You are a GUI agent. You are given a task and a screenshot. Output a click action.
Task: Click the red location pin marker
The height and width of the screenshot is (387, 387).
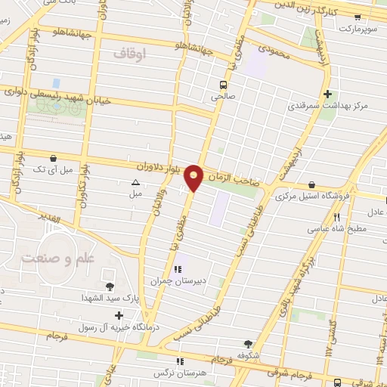(x=194, y=177)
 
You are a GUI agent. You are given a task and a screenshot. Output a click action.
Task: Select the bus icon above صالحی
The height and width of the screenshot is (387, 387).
(x=223, y=84)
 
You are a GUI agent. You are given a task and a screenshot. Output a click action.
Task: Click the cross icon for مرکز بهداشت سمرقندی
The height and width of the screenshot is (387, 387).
(x=327, y=94)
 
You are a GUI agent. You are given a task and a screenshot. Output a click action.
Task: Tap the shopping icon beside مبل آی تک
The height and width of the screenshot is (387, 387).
(x=53, y=158)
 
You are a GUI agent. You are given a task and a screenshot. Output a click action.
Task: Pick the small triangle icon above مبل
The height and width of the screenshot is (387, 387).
(x=135, y=182)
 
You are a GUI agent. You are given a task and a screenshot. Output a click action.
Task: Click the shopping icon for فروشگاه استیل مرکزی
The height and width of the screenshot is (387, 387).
(x=311, y=184)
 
